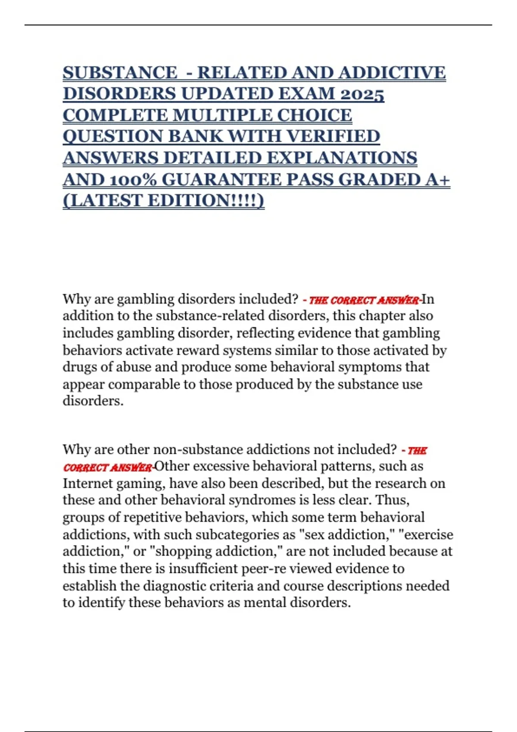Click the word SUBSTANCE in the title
tap(119, 73)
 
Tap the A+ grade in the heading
tap(437, 180)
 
